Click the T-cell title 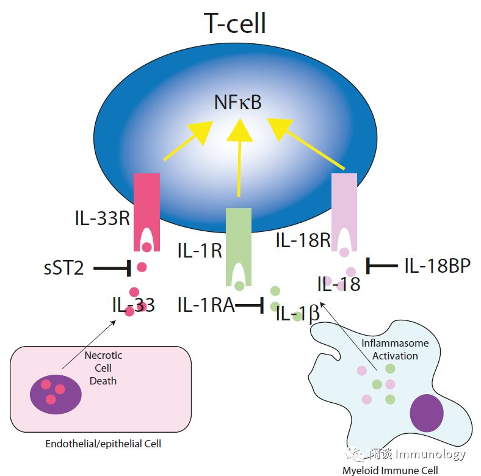(x=235, y=23)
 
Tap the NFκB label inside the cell (x=237, y=102)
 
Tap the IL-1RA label (x=206, y=305)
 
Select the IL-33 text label (x=133, y=305)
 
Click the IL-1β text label (x=298, y=314)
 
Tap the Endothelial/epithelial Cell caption (x=103, y=444)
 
